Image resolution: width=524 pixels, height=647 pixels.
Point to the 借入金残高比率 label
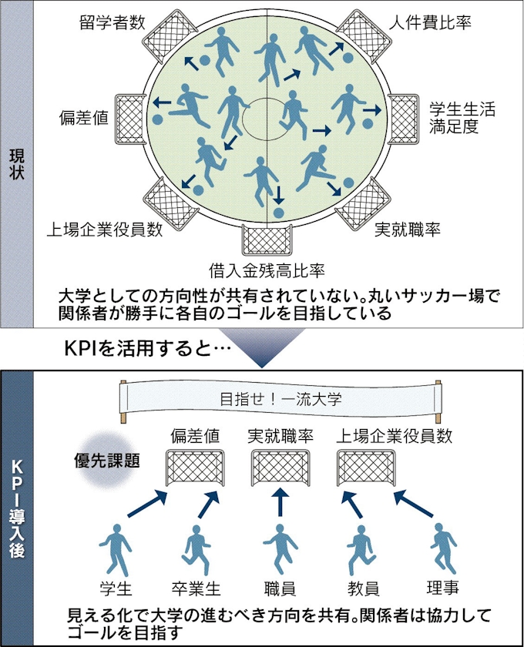(267, 270)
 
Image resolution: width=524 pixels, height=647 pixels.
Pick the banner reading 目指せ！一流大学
(280, 401)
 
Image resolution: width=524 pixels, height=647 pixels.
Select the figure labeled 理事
(442, 547)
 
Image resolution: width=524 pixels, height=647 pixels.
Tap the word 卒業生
(196, 589)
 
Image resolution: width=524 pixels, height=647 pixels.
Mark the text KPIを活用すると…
(146, 349)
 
